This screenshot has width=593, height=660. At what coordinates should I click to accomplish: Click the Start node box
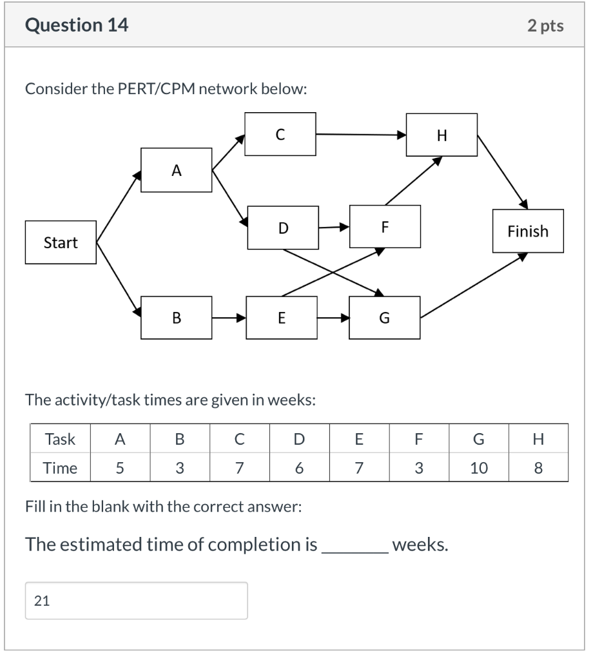61,242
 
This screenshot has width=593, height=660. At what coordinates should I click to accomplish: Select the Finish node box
527,231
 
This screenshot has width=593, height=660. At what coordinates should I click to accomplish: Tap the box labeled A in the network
176,170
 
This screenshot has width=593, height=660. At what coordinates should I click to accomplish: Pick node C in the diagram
280,134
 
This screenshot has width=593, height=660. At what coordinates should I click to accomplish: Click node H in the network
442,135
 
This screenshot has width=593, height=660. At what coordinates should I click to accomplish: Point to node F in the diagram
385,227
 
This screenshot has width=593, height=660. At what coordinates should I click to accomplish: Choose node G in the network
384,317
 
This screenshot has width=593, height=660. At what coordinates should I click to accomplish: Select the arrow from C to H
361,135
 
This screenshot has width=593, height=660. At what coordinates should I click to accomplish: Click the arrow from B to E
229,317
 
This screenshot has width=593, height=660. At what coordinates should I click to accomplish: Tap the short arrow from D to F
334,227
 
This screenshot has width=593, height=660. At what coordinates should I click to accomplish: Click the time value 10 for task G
478,468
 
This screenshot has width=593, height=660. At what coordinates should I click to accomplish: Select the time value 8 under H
538,468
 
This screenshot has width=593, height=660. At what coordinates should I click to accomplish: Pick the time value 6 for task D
298,468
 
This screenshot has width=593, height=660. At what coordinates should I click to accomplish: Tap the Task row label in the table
60,440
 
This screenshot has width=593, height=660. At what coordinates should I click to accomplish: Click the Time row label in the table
60,468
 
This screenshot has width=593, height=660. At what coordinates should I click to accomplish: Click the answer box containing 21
136,601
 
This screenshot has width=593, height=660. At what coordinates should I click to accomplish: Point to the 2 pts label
545,26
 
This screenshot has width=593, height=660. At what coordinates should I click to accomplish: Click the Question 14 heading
77,25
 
